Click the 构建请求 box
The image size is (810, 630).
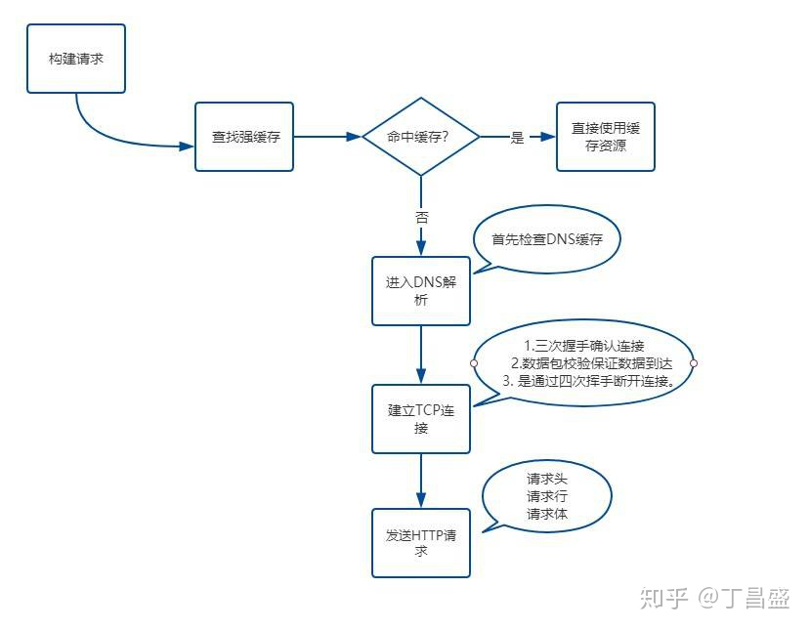coord(76,59)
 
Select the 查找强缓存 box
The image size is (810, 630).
coord(244,137)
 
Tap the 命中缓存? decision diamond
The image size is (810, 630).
coord(420,137)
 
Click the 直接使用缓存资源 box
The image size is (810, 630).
coord(606,137)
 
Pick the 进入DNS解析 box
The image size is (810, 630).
coord(420,291)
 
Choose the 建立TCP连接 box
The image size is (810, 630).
coord(420,419)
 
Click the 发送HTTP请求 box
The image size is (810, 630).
coord(420,543)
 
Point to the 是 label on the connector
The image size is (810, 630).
coord(517,138)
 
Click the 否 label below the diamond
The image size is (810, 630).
coord(421,217)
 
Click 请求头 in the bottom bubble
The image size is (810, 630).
coord(546,479)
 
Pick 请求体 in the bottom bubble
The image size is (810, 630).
coord(546,514)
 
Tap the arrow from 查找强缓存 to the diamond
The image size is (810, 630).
coord(327,138)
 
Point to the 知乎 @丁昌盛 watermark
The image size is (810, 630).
coord(714,598)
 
